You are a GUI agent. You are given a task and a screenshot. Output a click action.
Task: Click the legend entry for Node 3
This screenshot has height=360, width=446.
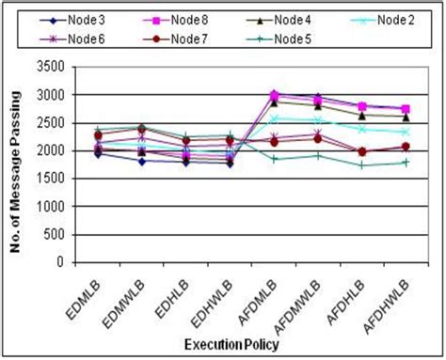point(89,18)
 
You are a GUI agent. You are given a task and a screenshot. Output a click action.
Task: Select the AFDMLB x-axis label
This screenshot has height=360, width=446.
point(258,295)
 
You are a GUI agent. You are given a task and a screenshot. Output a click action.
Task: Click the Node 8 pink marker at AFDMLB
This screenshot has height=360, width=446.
point(274,95)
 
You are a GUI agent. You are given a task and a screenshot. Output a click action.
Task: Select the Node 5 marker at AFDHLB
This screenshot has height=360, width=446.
point(362,165)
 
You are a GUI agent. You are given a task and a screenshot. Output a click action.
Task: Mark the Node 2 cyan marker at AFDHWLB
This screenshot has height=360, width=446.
point(406,133)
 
